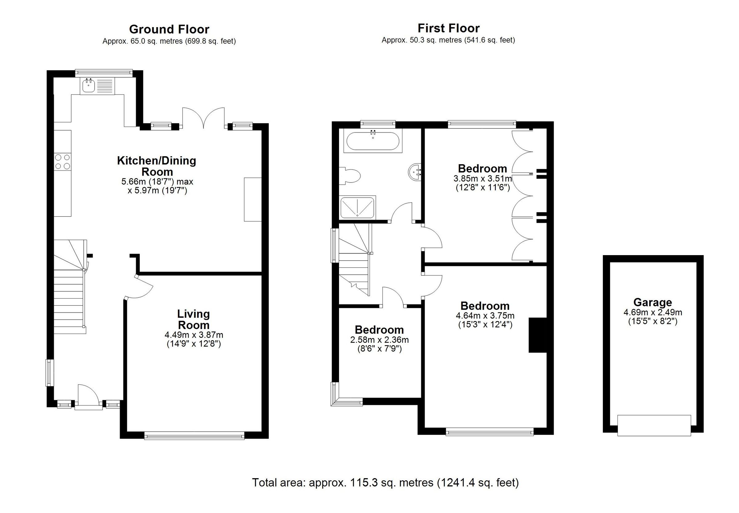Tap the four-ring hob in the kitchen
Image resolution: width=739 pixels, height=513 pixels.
coord(63,162)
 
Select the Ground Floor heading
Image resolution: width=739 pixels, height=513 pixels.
coord(169,29)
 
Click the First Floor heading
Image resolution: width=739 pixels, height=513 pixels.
coord(448,28)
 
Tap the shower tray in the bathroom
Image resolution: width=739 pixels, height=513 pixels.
coord(357,207)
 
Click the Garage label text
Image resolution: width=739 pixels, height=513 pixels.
coord(652,302)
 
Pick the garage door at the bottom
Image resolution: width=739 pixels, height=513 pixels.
coord(654,425)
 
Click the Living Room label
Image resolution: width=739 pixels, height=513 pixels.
coord(193,319)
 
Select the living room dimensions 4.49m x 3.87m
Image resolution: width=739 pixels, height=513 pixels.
coord(194,335)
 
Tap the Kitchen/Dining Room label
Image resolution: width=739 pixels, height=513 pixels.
coord(156,166)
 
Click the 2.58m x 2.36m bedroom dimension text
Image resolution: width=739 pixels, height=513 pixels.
coord(379,340)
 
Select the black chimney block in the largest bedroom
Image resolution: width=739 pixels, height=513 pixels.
coord(537,335)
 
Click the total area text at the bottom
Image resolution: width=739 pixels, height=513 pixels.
coord(385,482)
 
